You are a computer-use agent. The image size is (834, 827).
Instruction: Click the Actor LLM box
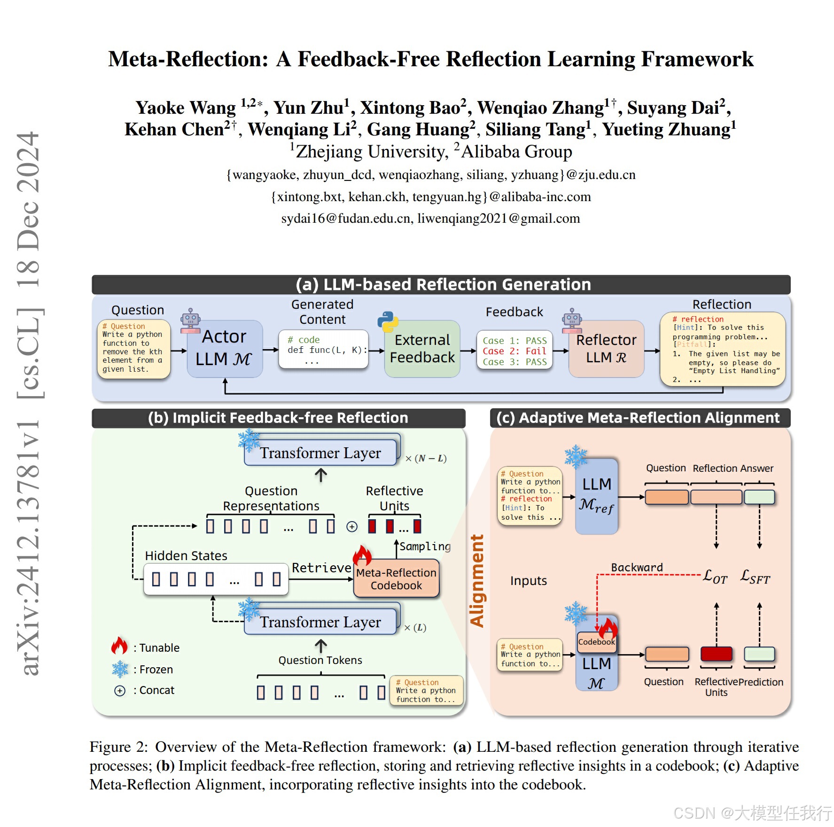point(225,349)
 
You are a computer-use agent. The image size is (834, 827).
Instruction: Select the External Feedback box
point(422,349)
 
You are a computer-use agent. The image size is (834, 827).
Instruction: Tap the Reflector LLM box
point(606,349)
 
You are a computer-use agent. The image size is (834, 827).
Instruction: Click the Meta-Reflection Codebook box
point(396,579)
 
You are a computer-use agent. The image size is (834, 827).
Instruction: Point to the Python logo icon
point(388,321)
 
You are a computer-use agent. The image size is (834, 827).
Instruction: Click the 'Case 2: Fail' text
point(514,351)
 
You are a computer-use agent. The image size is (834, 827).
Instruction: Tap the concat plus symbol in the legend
point(120,691)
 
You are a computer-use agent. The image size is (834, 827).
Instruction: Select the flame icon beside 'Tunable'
point(119,646)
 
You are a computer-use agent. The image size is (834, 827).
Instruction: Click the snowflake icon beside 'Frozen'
point(120,669)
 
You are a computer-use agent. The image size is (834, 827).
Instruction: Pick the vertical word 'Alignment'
point(477,581)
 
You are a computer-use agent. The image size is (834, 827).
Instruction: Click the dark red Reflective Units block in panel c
point(716,654)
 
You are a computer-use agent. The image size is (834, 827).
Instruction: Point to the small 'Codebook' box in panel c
point(596,642)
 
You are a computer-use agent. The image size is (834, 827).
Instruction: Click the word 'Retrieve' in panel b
point(321,568)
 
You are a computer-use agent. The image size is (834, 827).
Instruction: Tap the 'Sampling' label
point(425,546)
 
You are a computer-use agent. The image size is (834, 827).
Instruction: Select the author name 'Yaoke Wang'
point(186,108)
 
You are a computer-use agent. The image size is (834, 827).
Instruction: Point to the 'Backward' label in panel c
point(637,567)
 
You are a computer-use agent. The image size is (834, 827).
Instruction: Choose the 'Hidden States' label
point(186,556)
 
